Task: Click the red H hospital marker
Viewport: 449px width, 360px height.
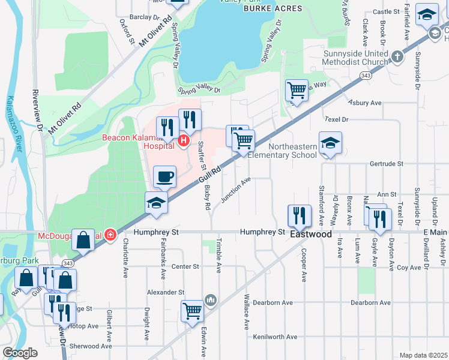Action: coord(184,142)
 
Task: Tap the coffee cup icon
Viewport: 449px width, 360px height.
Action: coord(164,177)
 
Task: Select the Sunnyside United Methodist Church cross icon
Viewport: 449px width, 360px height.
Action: coord(396,58)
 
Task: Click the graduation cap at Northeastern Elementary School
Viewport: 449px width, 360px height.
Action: coord(330,143)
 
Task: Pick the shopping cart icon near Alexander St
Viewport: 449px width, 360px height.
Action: coord(192,311)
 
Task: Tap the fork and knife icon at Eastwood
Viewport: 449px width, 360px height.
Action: coord(299,215)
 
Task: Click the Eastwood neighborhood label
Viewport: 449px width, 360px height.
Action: coord(311,234)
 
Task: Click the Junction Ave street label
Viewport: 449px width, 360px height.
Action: coord(236,190)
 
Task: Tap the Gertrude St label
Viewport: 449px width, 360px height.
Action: coord(387,163)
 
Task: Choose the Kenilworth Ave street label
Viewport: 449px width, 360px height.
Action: coord(275,337)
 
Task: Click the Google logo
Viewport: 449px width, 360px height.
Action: coord(20,353)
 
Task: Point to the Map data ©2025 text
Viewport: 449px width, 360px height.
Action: coord(423,355)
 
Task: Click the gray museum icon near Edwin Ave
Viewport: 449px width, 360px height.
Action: coord(210,299)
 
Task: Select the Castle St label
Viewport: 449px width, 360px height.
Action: coord(386,11)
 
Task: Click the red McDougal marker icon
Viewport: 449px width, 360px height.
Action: coord(110,234)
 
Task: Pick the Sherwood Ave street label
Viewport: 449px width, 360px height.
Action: coord(91,346)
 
